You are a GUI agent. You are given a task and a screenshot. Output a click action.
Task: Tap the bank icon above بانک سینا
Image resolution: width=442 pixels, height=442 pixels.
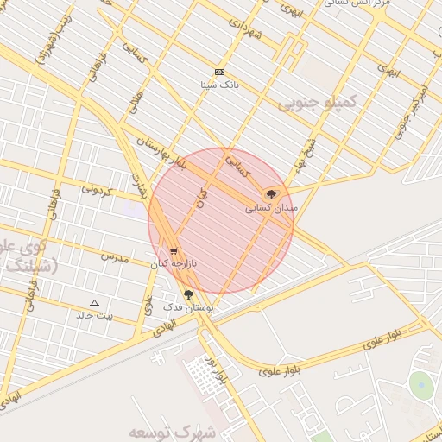[219, 72]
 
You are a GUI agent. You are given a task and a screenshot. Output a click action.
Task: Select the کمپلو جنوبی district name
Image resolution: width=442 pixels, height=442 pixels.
[317, 104]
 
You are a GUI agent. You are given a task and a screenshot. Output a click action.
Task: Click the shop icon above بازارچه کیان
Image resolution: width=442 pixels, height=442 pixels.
[174, 251]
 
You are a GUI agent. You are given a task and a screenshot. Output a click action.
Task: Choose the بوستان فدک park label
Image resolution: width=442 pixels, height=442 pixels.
[187, 306]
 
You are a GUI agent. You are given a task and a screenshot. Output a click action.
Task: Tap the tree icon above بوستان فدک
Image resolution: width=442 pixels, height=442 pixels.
[188, 294]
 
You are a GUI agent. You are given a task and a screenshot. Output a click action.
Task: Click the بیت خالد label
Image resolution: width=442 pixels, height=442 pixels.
[95, 315]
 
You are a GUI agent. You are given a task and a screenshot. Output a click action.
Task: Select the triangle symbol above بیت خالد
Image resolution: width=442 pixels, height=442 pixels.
[95, 303]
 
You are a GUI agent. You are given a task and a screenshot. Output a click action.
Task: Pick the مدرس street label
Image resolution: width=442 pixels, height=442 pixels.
[114, 256]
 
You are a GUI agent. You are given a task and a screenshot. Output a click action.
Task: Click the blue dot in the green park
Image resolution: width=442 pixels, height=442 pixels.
[420, 382]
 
